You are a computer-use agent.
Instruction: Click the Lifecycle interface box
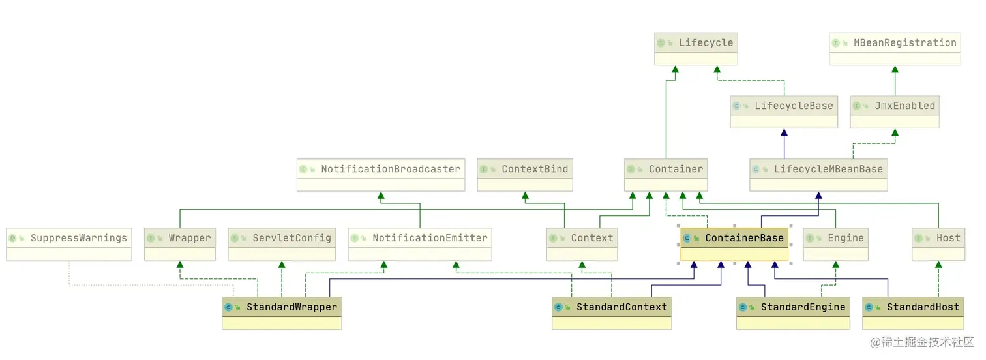pyautogui.click(x=696, y=49)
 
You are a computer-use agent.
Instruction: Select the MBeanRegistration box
pyautogui.click(x=895, y=49)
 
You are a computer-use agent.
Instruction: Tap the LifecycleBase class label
pyautogui.click(x=794, y=106)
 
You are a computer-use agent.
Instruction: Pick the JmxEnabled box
pyautogui.click(x=895, y=112)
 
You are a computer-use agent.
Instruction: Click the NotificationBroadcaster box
pyautogui.click(x=381, y=175)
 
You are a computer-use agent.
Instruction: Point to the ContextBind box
pyautogui.click(x=525, y=175)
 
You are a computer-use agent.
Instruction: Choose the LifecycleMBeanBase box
pyautogui.click(x=819, y=175)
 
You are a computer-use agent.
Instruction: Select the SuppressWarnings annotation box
pyautogui.click(x=69, y=244)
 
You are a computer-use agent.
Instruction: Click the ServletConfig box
pyautogui.click(x=282, y=244)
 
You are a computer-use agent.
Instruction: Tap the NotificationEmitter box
pyautogui.click(x=420, y=244)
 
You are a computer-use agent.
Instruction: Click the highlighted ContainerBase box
pyautogui.click(x=734, y=244)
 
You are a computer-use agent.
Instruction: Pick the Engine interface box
pyautogui.click(x=836, y=244)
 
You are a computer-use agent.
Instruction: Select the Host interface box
pyautogui.click(x=938, y=244)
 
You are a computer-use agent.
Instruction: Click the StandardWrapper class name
pyautogui.click(x=292, y=307)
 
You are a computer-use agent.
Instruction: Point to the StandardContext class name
pyautogui.click(x=622, y=307)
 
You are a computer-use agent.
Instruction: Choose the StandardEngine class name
pyautogui.click(x=803, y=307)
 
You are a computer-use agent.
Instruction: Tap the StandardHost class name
pyautogui.click(x=923, y=307)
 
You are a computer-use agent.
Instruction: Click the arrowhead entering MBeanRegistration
pyautogui.click(x=895, y=69)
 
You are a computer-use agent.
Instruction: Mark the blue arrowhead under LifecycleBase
pyautogui.click(x=784, y=132)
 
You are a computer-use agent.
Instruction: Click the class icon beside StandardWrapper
pyautogui.click(x=228, y=307)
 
